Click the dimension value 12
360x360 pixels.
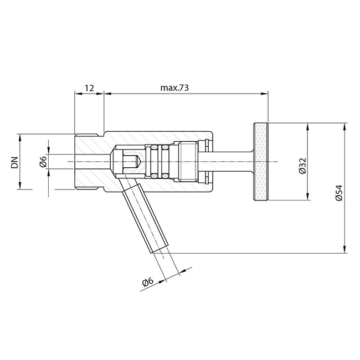89,88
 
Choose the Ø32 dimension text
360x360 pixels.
302,166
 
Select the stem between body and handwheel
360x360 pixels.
232,162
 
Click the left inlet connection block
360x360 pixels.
89,162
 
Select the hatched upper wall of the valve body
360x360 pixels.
155,137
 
